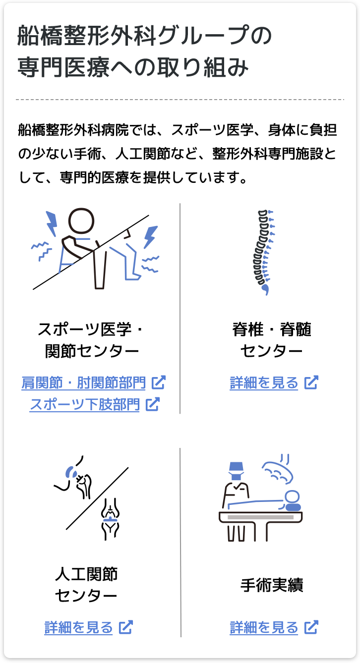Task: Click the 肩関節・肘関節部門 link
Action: click(83, 383)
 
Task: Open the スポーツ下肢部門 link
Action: click(84, 404)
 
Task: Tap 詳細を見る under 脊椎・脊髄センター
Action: click(264, 383)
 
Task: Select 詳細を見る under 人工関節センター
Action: click(78, 627)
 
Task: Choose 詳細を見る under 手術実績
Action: click(264, 627)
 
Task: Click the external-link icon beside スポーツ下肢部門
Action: click(153, 404)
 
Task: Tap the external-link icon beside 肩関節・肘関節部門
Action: click(159, 383)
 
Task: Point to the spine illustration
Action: click(264, 252)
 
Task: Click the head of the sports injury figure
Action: click(81, 221)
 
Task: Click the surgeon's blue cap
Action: click(236, 467)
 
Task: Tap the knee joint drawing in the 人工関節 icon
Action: click(110, 519)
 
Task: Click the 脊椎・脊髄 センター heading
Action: click(272, 340)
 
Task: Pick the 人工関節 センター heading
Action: click(86, 585)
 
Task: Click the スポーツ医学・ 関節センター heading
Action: click(91, 340)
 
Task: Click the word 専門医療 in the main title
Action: click(63, 67)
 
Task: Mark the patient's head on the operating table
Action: click(292, 497)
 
